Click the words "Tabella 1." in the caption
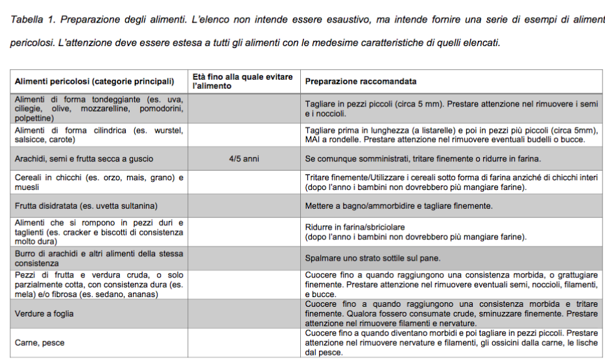pyautogui.click(x=33, y=20)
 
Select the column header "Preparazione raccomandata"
pyautogui.click(x=361, y=82)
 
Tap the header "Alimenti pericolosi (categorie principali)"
pyautogui.click(x=95, y=82)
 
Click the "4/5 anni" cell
pyautogui.click(x=244, y=158)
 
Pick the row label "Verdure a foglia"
pyautogui.click(x=44, y=314)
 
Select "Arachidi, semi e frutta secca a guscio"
pyautogui.click(x=84, y=158)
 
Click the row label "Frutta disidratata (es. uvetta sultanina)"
pyautogui.click(x=86, y=206)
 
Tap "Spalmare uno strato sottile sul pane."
pyautogui.click(x=373, y=258)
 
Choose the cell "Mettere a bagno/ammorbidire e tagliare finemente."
pyautogui.click(x=399, y=206)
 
